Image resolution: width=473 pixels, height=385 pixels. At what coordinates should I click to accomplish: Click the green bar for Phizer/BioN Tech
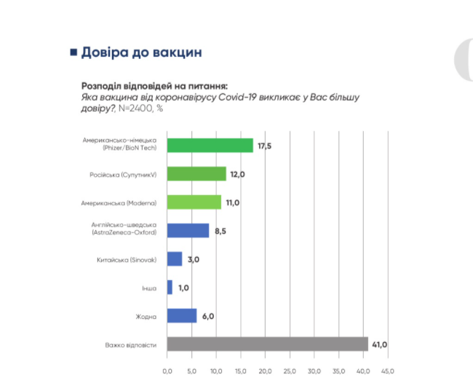(210, 146)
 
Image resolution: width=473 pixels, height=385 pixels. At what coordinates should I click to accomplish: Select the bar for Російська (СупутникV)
(196, 174)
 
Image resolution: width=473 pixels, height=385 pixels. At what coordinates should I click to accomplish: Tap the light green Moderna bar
(194, 202)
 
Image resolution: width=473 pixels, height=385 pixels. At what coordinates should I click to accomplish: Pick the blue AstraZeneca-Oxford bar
(188, 231)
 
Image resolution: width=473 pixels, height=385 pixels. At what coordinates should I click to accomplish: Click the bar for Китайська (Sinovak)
(175, 259)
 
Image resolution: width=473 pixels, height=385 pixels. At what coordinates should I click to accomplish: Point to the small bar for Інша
(170, 287)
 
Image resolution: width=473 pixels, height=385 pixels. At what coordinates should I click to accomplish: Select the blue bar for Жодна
(182, 316)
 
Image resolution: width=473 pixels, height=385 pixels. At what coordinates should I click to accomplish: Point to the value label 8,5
(219, 231)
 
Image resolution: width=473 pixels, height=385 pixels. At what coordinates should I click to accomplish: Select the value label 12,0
(236, 175)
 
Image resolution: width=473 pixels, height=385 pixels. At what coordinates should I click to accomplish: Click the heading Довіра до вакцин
(141, 52)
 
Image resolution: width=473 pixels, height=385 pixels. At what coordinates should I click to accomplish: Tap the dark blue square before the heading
(73, 52)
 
